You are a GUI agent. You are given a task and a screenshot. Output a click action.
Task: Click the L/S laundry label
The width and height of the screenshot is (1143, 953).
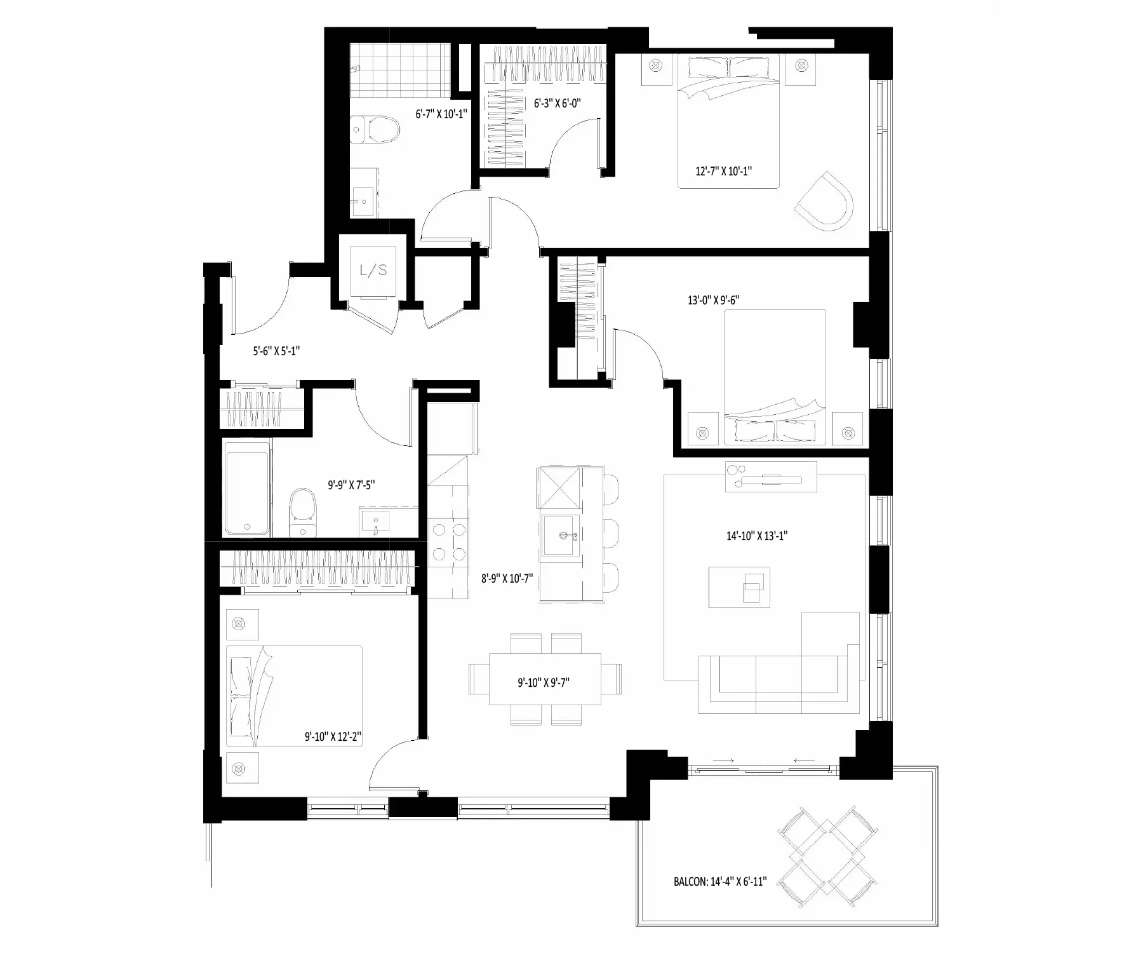pos(373,271)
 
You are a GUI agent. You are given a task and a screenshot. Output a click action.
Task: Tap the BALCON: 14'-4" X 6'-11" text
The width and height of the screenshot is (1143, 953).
pos(720,882)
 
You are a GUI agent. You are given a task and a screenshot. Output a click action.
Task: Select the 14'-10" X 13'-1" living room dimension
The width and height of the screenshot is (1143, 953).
pos(757,536)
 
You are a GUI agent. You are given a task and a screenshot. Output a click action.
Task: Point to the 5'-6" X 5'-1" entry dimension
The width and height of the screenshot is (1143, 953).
pos(276,350)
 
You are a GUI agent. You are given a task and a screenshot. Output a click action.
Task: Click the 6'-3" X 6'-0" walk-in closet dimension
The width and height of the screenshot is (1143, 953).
pos(558,103)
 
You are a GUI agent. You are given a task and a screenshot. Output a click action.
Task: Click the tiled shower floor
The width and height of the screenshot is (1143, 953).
pos(399,69)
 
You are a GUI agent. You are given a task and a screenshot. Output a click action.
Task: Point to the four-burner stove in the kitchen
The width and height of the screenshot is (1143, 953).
pos(448,543)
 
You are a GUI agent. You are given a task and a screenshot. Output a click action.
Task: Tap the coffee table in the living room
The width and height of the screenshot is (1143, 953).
pos(739,588)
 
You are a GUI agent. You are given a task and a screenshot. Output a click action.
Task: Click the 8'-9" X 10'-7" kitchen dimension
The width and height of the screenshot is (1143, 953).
pos(507,579)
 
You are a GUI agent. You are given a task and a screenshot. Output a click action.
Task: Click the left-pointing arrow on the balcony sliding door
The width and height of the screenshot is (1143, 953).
pos(805,760)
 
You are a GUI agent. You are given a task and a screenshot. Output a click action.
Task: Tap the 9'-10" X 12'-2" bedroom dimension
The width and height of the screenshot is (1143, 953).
pos(333,737)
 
